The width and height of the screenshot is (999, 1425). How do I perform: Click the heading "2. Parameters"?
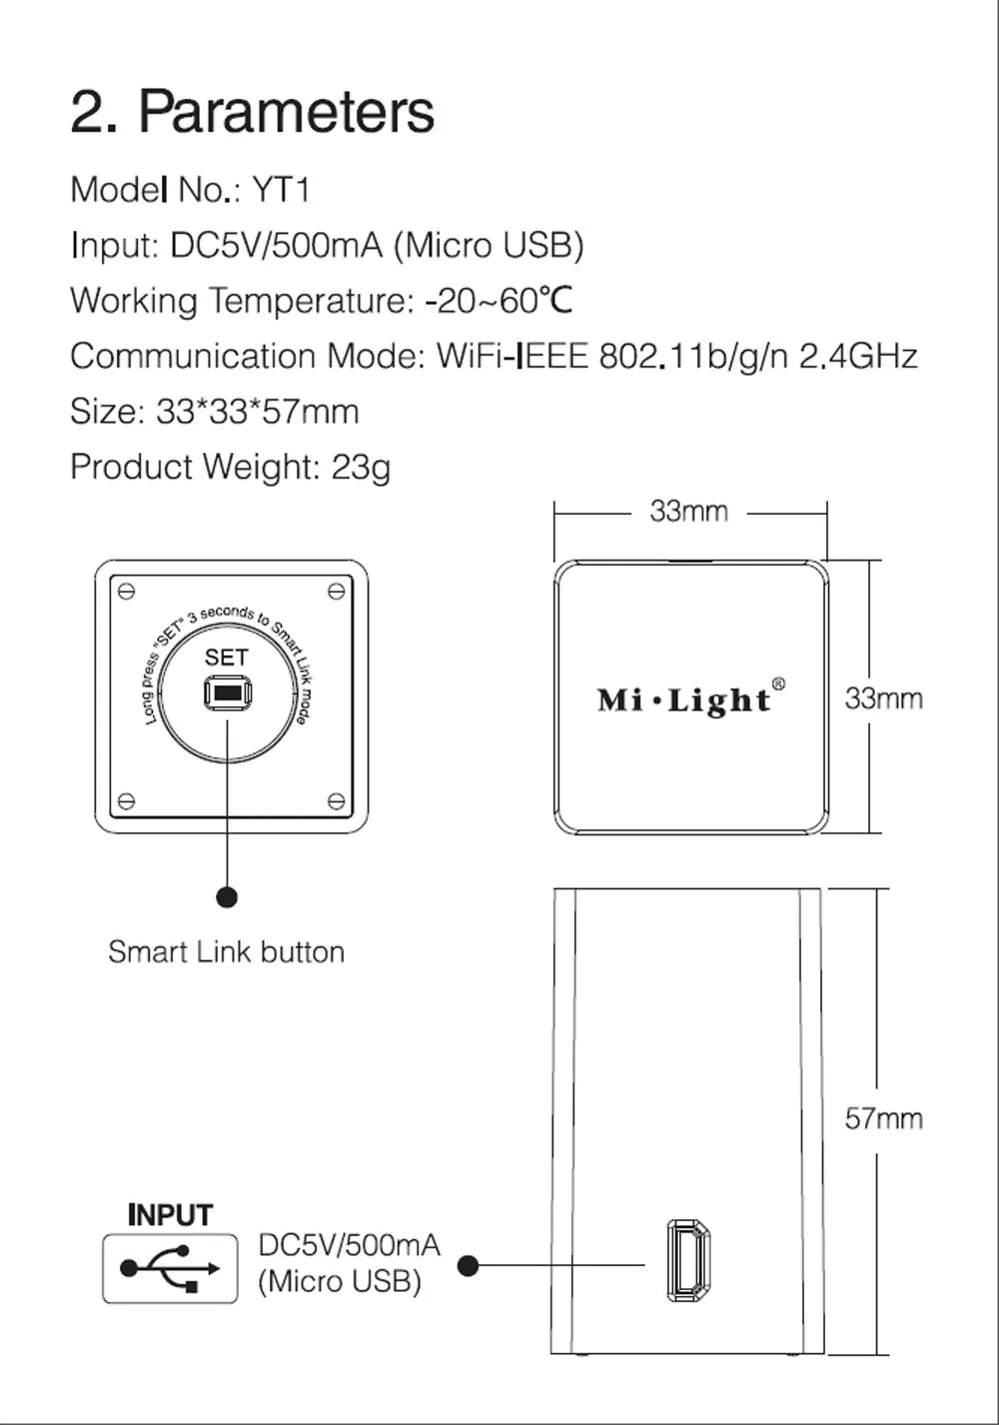pyautogui.click(x=253, y=112)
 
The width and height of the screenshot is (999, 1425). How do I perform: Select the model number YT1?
pyautogui.click(x=281, y=190)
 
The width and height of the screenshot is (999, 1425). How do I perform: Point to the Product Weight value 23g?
pyautogui.click(x=361, y=467)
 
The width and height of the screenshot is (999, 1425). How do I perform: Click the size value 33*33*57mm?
pyautogui.click(x=258, y=411)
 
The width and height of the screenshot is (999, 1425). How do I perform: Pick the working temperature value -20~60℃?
pyautogui.click(x=499, y=300)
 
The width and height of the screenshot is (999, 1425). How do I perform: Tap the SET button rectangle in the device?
pyautogui.click(x=228, y=693)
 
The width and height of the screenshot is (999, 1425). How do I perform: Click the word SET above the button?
pyautogui.click(x=227, y=658)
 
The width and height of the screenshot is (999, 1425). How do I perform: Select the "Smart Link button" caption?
pyautogui.click(x=227, y=952)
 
